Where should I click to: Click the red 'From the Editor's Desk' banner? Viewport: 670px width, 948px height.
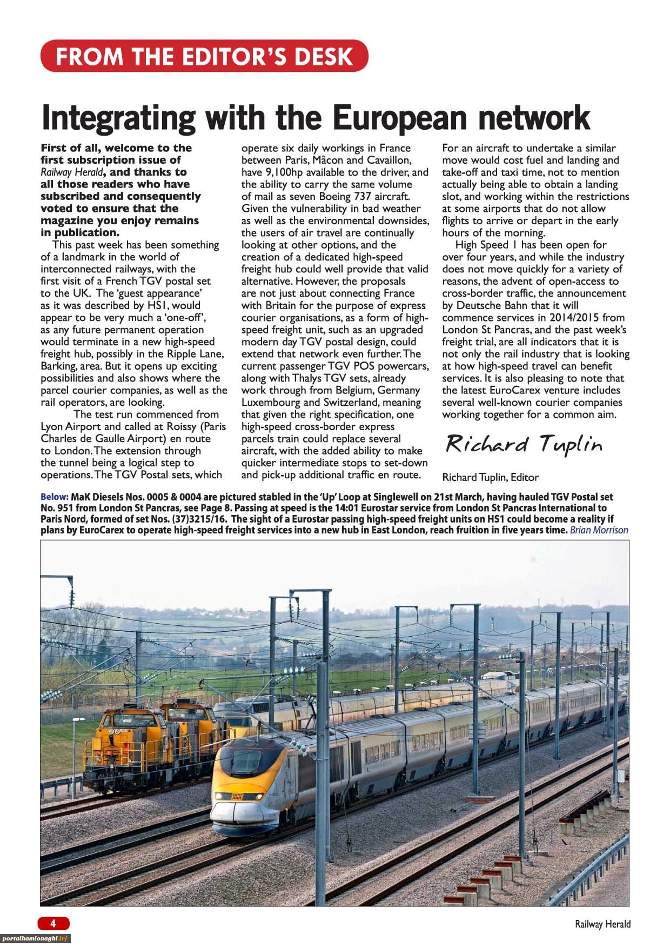204,56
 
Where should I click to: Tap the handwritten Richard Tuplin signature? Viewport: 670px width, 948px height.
523,444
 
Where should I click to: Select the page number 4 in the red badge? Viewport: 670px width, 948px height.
53,923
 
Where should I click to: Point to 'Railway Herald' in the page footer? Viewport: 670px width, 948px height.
602,924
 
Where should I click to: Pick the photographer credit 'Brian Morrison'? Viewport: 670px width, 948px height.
599,530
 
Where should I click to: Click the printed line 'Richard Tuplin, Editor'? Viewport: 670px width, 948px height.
490,477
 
